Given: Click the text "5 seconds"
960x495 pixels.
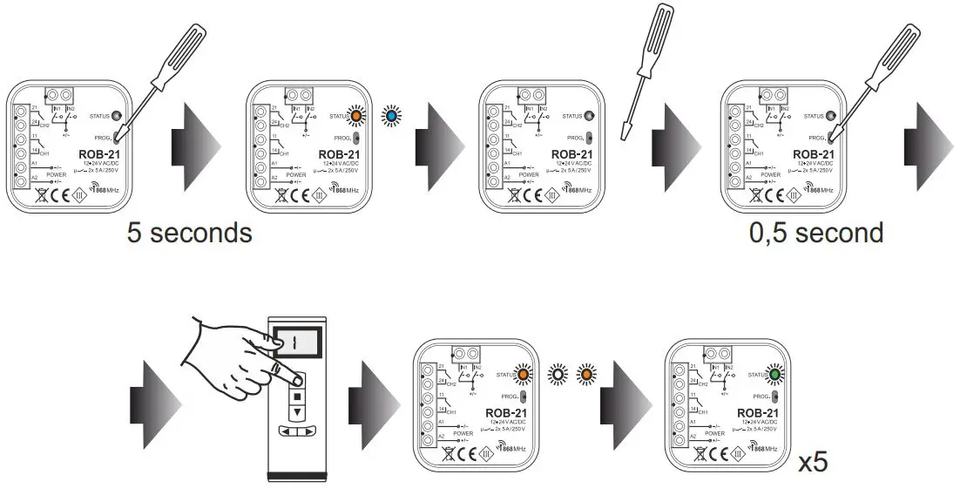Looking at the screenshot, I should [x=189, y=233].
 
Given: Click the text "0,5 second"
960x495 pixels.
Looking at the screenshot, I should [x=815, y=233].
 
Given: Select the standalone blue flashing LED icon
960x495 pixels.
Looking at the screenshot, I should [x=392, y=115].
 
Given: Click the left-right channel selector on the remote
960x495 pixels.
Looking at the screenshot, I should [x=296, y=431].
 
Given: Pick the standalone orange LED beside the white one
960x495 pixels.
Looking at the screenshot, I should [x=586, y=376].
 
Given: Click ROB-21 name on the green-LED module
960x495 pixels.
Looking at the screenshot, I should [x=756, y=412].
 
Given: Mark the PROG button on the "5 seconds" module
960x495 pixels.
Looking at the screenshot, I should [x=118, y=136].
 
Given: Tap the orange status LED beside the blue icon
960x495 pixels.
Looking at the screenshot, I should [x=355, y=115].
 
